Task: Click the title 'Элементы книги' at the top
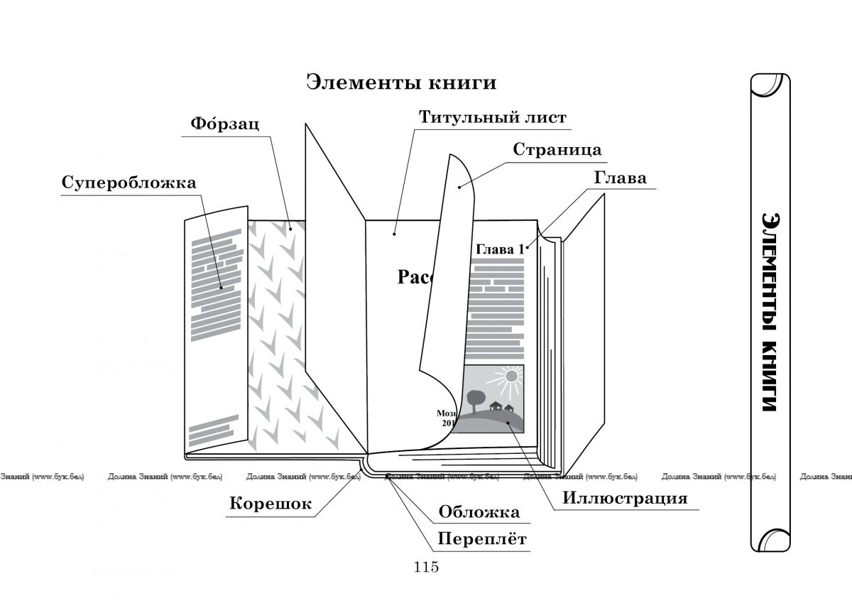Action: tap(401, 82)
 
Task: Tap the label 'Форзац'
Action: tap(224, 124)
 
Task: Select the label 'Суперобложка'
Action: tap(129, 183)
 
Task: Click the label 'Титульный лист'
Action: tap(492, 117)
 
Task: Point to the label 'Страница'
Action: tap(557, 150)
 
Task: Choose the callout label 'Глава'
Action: tap(620, 178)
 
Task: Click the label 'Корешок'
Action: tap(271, 504)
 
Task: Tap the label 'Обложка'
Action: tap(479, 511)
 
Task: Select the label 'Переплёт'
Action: tap(481, 538)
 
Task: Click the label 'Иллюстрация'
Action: tap(625, 497)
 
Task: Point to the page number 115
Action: tap(425, 567)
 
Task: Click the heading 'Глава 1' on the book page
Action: tap(498, 249)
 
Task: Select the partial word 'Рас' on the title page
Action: tap(410, 277)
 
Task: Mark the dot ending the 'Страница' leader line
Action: tap(459, 188)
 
